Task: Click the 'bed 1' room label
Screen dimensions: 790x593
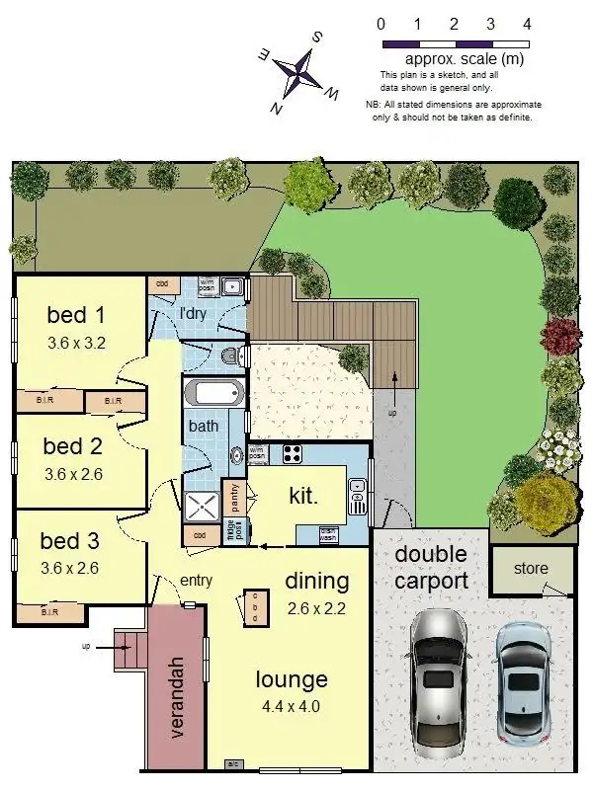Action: [x=76, y=316]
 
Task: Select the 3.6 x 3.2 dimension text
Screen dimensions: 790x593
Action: [x=76, y=344]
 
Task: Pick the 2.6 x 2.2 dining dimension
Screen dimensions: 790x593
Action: [x=316, y=607]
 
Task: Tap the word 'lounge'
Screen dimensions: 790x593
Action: [x=292, y=679]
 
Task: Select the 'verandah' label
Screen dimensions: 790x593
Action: [x=178, y=696]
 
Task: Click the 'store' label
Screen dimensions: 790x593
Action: [x=532, y=571]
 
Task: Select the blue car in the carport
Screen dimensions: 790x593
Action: [x=524, y=681]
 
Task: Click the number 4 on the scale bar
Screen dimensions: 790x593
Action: [x=527, y=23]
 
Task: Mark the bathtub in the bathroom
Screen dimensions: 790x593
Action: [x=213, y=393]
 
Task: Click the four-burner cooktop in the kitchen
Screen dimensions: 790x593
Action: [x=294, y=454]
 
